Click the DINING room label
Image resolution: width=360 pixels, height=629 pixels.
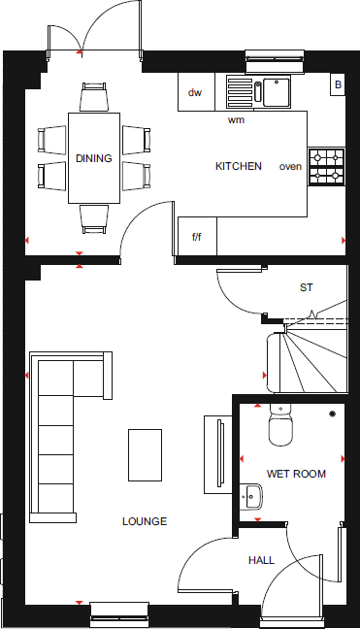coord(94,158)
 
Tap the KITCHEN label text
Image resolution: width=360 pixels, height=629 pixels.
coord(239,167)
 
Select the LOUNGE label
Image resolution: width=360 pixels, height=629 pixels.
coord(145,521)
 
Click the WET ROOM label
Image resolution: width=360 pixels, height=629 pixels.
coord(297,474)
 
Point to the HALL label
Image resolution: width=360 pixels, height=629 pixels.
coord(261,560)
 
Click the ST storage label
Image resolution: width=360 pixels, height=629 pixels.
coord(307,288)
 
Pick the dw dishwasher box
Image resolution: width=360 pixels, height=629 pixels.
coord(196,93)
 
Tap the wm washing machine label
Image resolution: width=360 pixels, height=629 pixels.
coord(236,120)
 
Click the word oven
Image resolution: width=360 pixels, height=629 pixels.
coord(290,167)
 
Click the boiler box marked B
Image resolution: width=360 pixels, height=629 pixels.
coord(338,85)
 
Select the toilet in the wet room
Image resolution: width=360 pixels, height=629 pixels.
coord(281,423)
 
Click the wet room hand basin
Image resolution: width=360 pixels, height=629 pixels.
coord(252,497)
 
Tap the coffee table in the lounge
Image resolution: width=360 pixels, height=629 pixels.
coord(145,454)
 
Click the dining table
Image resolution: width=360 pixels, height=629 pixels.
coord(94,157)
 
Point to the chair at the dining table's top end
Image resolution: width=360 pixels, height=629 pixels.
coord(94,97)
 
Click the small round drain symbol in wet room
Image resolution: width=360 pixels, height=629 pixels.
coord(333,414)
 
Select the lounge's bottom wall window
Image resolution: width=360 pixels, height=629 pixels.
coord(118,611)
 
